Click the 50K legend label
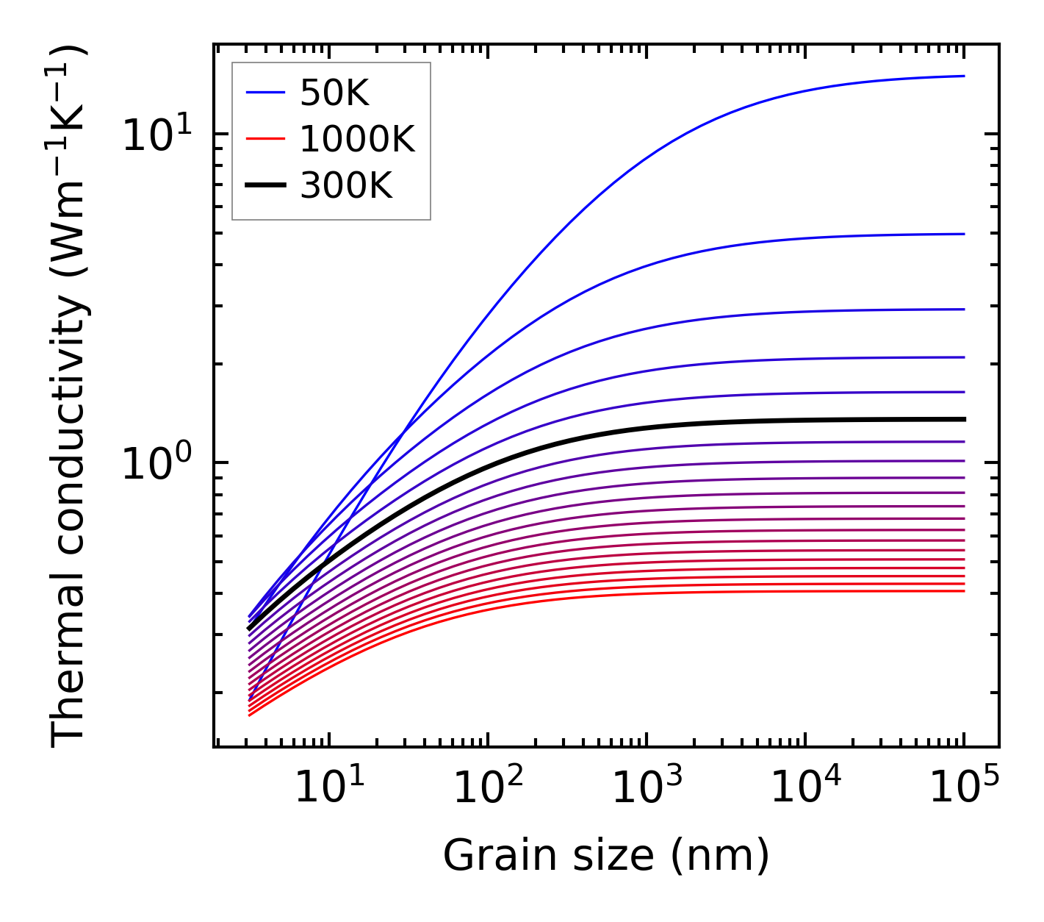(x=334, y=93)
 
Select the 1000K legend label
(x=357, y=140)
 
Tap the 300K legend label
(x=346, y=187)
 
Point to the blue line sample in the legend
(x=265, y=93)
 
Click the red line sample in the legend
(x=265, y=139)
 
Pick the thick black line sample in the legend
(x=265, y=186)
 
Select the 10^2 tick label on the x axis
(x=487, y=788)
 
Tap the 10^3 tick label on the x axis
(x=647, y=788)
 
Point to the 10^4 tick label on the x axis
(x=805, y=788)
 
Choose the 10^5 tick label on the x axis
(x=964, y=788)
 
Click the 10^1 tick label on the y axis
(x=156, y=135)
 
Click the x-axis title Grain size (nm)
(x=606, y=855)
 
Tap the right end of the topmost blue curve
(x=963, y=76)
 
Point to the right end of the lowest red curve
(x=963, y=591)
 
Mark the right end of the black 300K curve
(x=963, y=419)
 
